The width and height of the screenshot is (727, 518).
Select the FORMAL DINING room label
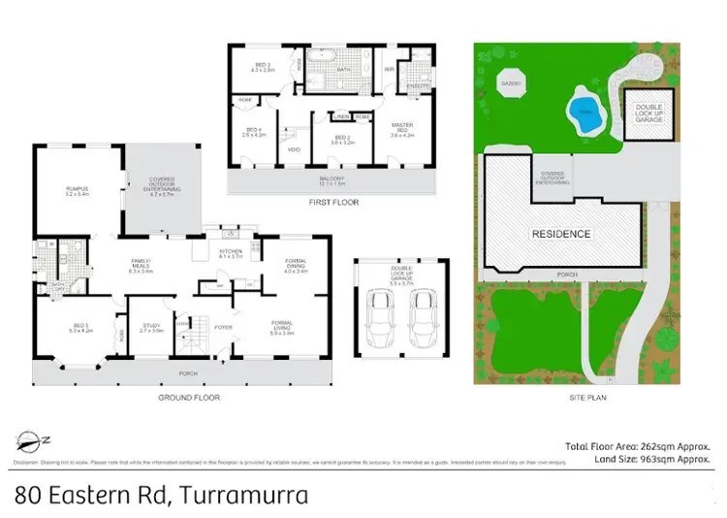pos(296,261)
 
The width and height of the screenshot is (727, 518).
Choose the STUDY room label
pos(151,327)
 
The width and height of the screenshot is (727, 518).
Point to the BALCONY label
pos(332,179)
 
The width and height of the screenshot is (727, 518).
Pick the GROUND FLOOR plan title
pos(190,398)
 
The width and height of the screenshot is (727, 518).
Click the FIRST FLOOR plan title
pos(332,203)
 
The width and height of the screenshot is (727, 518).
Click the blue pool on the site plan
pos(584,107)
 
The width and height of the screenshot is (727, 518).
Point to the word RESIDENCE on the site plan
pos(560,234)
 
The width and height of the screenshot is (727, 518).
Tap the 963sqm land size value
pos(626,460)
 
